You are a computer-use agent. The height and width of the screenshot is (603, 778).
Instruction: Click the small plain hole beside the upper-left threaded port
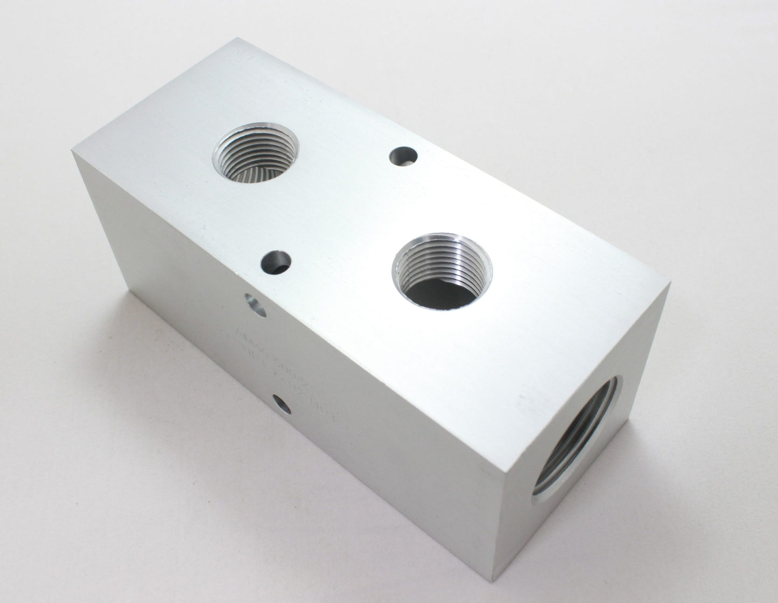(403, 156)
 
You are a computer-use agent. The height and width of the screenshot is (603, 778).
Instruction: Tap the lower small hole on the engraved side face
(281, 403)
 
